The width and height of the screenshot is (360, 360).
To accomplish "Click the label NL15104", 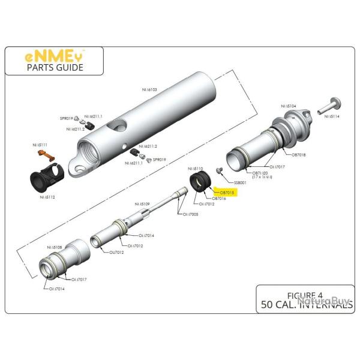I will point(288,106).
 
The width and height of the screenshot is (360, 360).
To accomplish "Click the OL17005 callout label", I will point(191,214).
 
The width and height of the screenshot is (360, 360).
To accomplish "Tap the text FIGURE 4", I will point(304,295).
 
